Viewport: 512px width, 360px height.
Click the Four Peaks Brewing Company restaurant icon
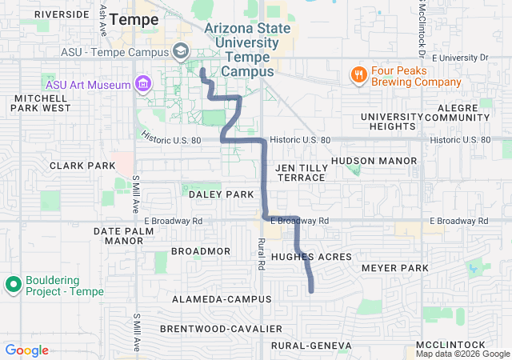358,75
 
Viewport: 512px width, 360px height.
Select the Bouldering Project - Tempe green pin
13,285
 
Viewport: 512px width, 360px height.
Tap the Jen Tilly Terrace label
301,172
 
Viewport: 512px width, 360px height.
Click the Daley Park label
221,194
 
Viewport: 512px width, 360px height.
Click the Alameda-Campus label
216,298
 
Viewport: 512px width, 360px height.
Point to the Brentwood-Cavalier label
221,329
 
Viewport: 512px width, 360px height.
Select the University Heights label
391,122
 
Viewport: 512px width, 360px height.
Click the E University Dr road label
459,58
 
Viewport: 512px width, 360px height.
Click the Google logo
27,350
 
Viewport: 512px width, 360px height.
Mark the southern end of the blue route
311,290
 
